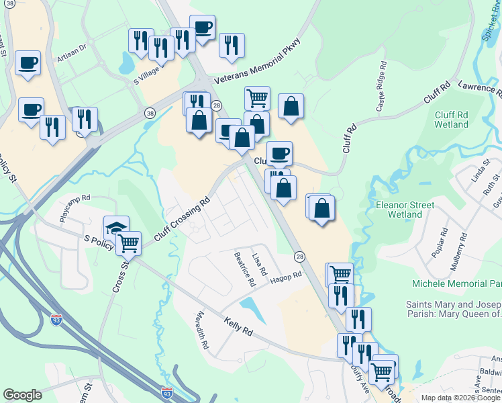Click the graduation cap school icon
pos(115,227)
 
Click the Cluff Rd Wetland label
pos(451,120)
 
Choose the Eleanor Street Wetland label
pos(405,210)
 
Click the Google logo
pos(23,395)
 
